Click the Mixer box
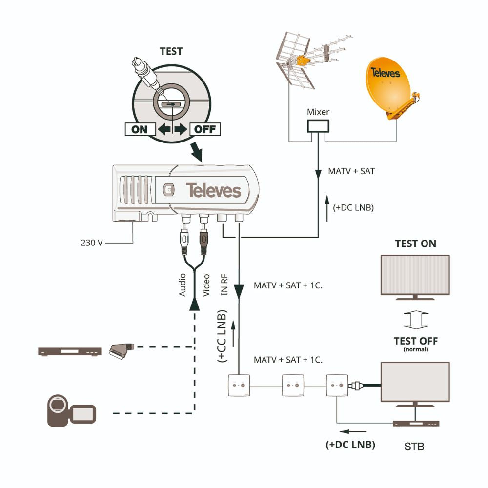click(318, 126)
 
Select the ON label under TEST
click(140, 130)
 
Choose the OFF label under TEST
click(205, 130)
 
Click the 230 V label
click(91, 242)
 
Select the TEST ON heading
click(415, 244)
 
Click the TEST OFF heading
click(415, 341)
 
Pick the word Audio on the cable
click(183, 285)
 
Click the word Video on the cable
click(206, 285)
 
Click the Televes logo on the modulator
click(213, 190)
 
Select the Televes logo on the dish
click(385, 73)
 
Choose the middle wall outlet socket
click(293, 386)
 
